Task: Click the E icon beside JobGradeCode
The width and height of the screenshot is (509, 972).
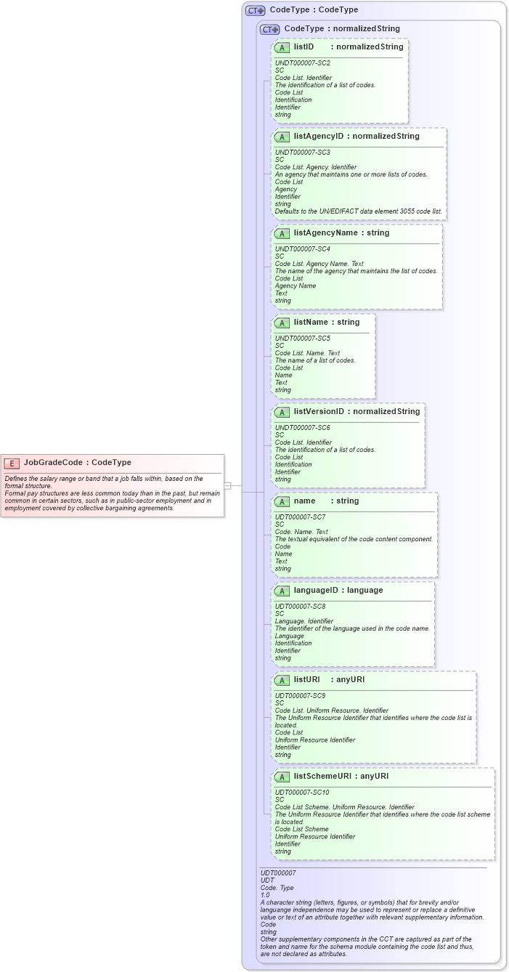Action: coord(12,463)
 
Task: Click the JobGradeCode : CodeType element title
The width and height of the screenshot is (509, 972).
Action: coord(77,462)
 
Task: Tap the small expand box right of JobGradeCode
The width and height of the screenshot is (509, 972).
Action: coord(227,485)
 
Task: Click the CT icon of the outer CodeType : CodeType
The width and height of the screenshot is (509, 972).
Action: coord(255,10)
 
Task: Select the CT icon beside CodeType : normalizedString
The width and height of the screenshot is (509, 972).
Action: coord(270,29)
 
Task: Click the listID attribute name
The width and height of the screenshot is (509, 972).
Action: coord(304,46)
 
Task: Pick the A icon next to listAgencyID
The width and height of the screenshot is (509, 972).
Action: coord(282,137)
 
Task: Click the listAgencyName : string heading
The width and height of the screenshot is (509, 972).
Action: coord(341,232)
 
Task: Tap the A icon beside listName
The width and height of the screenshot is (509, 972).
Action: coord(282,323)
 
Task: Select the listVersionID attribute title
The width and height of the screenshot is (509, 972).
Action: coord(319,411)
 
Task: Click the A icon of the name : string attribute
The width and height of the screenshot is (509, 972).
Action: coord(282,501)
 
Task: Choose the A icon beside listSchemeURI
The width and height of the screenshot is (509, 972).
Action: coord(282,777)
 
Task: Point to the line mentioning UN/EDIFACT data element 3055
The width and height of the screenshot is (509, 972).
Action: coord(358,211)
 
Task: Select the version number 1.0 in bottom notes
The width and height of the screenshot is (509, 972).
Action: coord(265,895)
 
